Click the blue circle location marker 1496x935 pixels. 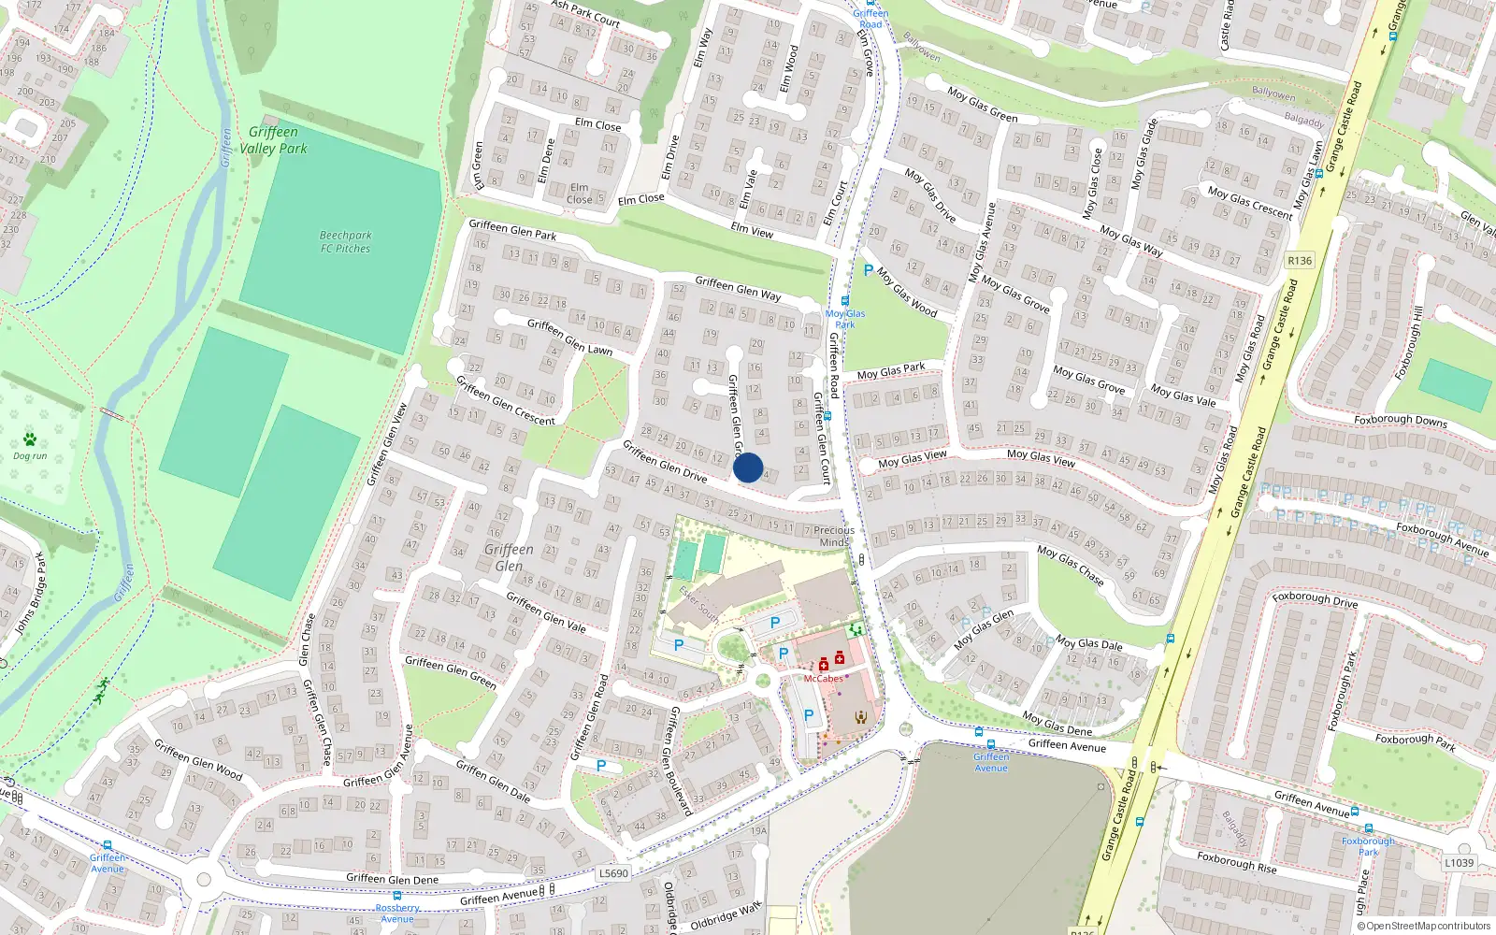(748, 467)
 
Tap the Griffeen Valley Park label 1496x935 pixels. (273, 140)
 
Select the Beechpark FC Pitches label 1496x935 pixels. (345, 242)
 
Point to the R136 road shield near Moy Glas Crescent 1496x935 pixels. (1300, 261)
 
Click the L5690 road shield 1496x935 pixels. (613, 873)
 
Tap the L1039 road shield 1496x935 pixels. (1459, 863)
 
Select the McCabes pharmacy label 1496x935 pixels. (823, 679)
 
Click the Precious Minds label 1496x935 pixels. (834, 536)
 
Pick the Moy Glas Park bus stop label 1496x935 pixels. (845, 319)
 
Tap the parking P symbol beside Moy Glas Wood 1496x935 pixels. (868, 271)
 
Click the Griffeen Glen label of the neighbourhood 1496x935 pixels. (509, 557)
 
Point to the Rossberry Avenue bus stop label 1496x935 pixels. (397, 913)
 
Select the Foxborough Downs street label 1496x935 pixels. (1401, 421)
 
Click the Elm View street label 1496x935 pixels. (752, 229)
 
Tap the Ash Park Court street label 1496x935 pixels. (585, 13)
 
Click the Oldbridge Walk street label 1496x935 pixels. (726, 916)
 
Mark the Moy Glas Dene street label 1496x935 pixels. (1057, 723)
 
